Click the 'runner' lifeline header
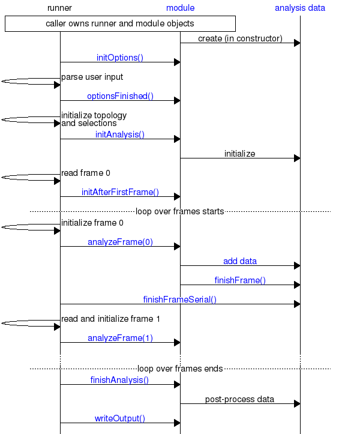pyautogui.click(x=60, y=8)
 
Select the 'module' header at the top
pyautogui.click(x=180, y=8)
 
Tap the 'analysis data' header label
pyautogui.click(x=300, y=8)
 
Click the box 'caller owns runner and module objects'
pyautogui.click(x=120, y=23)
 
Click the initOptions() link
pyautogui.click(x=120, y=58)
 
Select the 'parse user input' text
pyautogui.click(x=92, y=77)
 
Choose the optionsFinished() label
pyautogui.click(x=120, y=96)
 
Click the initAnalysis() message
pyautogui.click(x=120, y=134)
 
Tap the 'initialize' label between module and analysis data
pyautogui.click(x=240, y=154)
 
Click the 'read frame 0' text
pyautogui.click(x=85, y=173)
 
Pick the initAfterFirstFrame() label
pyautogui.click(x=120, y=192)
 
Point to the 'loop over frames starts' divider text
pyautogui.click(x=180, y=211)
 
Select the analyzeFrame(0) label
pyautogui.click(x=120, y=242)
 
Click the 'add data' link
pyautogui.click(x=240, y=261)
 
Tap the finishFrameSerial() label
pyautogui.click(x=180, y=299)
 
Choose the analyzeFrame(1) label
pyautogui.click(x=120, y=338)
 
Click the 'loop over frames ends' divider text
pyautogui.click(x=180, y=369)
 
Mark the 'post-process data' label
pyautogui.click(x=240, y=399)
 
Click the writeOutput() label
pyautogui.click(x=120, y=418)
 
